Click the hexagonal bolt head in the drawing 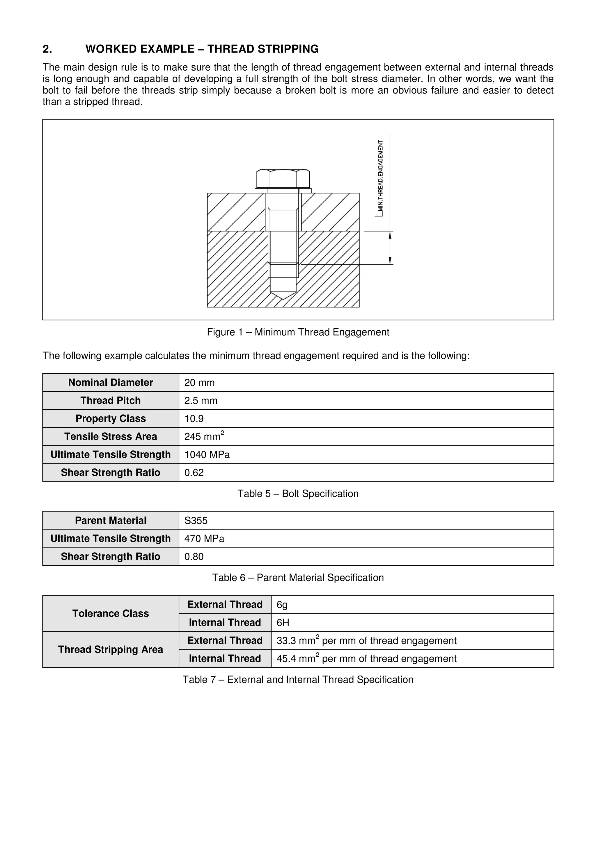tap(283, 179)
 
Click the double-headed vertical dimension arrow tap(390, 248)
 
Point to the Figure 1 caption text tap(298, 332)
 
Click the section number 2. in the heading tap(47, 49)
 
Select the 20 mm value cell tap(199, 382)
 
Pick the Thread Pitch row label tap(111, 400)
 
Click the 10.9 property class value tap(194, 418)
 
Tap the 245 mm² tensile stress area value tap(204, 436)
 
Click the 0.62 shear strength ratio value tap(194, 473)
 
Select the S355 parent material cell tap(196, 521)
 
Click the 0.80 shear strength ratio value tap(194, 557)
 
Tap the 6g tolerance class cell tap(282, 605)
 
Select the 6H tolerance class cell tap(283, 623)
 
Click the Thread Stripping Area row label tap(111, 649)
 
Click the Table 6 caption tap(298, 578)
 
